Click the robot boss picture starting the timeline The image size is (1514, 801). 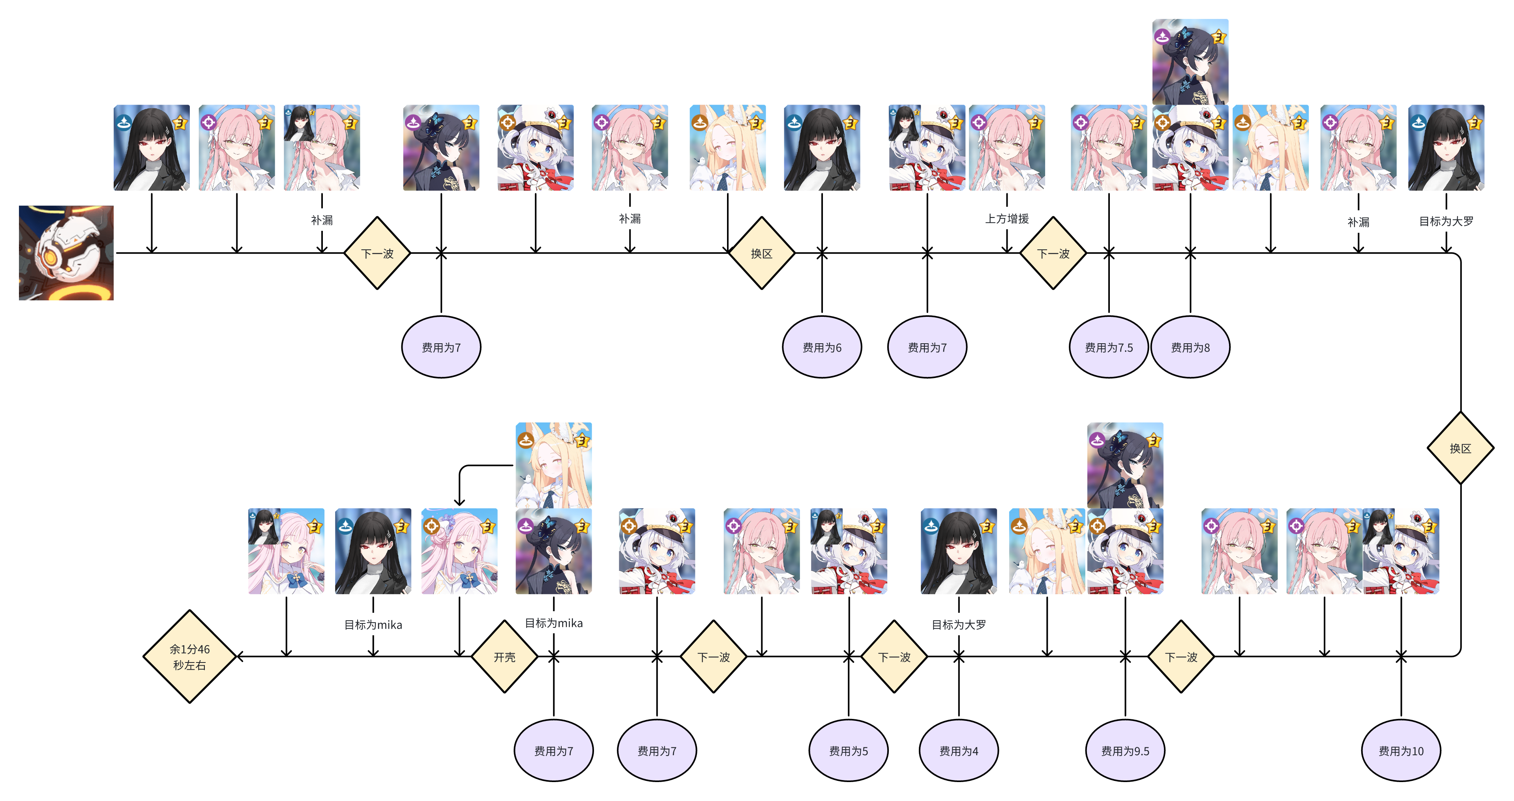(x=66, y=253)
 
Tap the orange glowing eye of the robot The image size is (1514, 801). (x=52, y=257)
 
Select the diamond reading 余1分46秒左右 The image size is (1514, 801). (x=189, y=657)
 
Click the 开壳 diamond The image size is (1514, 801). (x=504, y=657)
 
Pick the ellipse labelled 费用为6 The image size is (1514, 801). (x=822, y=347)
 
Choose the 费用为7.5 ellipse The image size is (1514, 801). (x=1108, y=347)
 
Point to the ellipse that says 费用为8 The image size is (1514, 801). (x=1190, y=347)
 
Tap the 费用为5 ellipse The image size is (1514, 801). (x=848, y=750)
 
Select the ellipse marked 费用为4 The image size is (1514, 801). (x=959, y=750)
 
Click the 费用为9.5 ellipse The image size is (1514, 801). (x=1125, y=750)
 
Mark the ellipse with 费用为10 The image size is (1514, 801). (x=1401, y=750)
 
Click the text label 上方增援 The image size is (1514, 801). (x=1007, y=219)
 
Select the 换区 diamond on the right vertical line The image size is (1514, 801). (x=1460, y=448)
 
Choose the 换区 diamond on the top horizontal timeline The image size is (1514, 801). (x=761, y=253)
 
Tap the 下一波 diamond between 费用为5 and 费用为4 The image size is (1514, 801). (x=894, y=657)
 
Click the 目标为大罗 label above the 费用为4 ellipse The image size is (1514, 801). (x=959, y=624)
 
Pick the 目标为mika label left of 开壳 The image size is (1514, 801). (x=373, y=624)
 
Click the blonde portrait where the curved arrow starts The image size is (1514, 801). (x=553, y=465)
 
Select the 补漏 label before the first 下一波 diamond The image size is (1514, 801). (x=322, y=220)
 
